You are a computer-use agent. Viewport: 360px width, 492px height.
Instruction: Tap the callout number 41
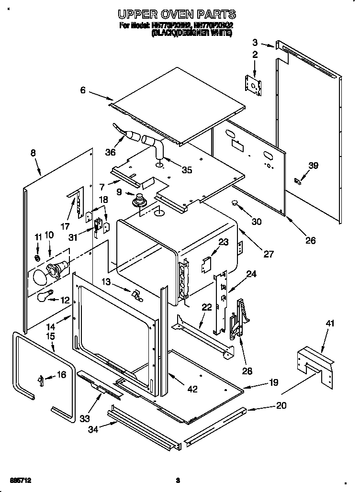(330, 324)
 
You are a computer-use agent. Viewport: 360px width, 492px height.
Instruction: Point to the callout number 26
(310, 240)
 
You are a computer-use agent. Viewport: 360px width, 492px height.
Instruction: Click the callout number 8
(33, 153)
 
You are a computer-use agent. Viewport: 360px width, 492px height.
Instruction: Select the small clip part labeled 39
(298, 180)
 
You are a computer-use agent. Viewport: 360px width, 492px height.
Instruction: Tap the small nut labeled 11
(38, 259)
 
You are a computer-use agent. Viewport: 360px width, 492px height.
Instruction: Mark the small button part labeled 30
(235, 202)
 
